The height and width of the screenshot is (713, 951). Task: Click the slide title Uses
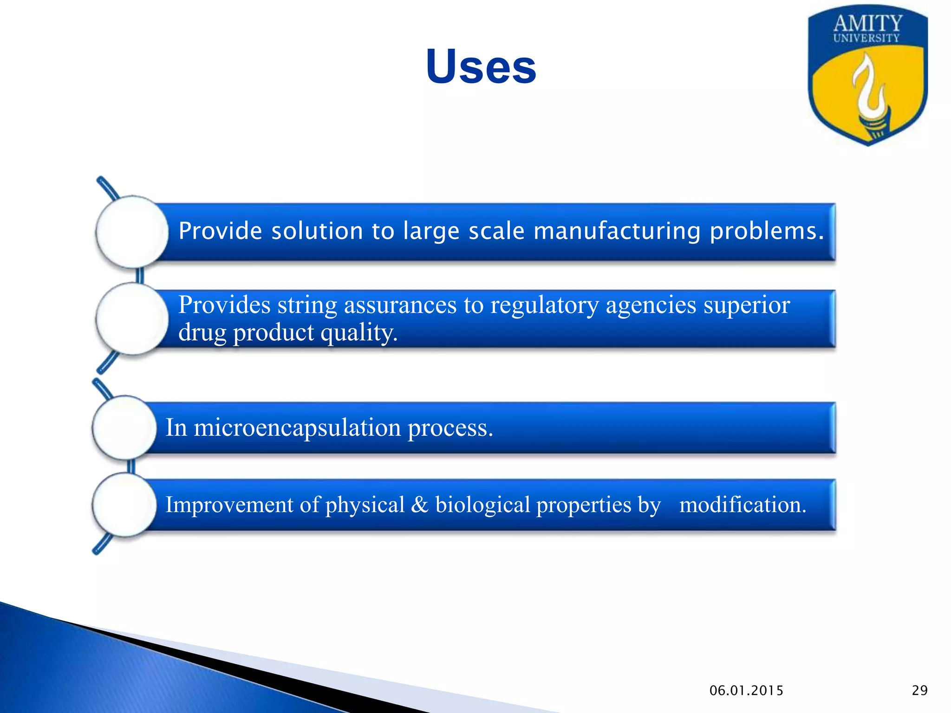pyautogui.click(x=481, y=67)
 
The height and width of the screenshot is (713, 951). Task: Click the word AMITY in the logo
pyautogui.click(x=867, y=23)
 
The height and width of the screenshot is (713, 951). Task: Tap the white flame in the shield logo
pyautogui.click(x=866, y=88)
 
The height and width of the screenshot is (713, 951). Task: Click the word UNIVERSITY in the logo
pyautogui.click(x=866, y=38)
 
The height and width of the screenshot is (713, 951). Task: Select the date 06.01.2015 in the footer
pyautogui.click(x=746, y=690)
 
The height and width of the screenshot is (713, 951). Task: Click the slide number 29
pyautogui.click(x=919, y=690)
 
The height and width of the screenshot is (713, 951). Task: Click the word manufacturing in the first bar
pyautogui.click(x=617, y=231)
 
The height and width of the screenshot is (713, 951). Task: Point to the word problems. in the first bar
pyautogui.click(x=767, y=231)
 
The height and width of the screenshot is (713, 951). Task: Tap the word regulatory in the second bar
pyautogui.click(x=544, y=305)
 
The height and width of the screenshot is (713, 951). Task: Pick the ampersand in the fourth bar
pyautogui.click(x=419, y=505)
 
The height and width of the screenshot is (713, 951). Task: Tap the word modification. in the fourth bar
pyautogui.click(x=743, y=505)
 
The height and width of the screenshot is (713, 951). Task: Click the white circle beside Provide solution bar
pyautogui.click(x=132, y=232)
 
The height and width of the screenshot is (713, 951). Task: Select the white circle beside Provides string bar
pyautogui.click(x=132, y=318)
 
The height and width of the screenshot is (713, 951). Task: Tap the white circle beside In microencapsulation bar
pyautogui.click(x=124, y=428)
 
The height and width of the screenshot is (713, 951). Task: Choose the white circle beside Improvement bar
pyautogui.click(x=124, y=505)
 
